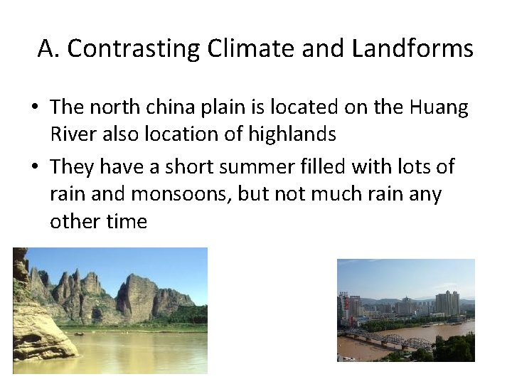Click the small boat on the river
[x=79, y=333]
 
